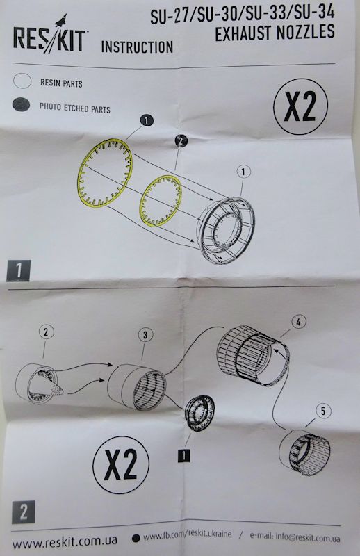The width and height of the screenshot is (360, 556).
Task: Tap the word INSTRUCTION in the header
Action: point(138,47)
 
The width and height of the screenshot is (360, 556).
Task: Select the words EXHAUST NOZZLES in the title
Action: point(275,32)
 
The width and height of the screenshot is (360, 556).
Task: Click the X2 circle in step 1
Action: point(300,106)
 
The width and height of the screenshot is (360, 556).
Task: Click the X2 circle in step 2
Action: point(121,464)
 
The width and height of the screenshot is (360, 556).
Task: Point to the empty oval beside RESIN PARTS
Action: point(22,81)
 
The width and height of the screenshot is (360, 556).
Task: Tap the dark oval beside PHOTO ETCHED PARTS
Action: point(21,105)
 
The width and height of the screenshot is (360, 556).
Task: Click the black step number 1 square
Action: point(19,270)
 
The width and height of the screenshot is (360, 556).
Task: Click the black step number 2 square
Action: point(24,512)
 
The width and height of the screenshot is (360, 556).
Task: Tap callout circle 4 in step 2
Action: point(298,322)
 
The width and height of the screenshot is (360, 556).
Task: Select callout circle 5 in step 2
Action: point(322,411)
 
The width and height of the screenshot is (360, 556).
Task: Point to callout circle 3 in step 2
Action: point(145,335)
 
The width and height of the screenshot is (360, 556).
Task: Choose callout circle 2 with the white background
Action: point(46,332)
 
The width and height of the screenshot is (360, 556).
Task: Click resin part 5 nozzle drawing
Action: point(304,452)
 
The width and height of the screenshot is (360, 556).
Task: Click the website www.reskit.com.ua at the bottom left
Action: point(65,541)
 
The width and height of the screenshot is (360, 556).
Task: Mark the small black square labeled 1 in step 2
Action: point(183,455)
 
